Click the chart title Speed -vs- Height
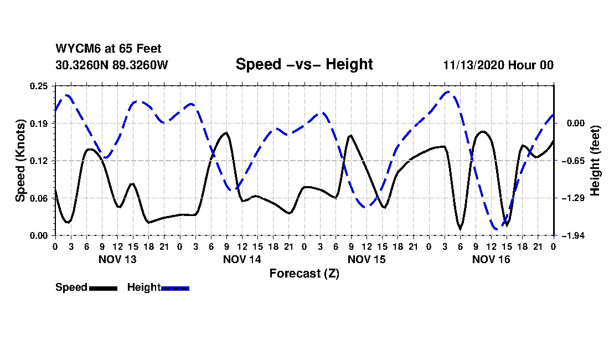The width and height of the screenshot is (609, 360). click(304, 64)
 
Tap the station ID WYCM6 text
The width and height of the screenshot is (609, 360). click(75, 49)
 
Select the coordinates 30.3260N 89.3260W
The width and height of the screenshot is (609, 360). click(111, 65)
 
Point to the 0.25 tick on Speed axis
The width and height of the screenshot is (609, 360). click(40, 86)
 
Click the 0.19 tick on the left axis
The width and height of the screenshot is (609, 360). click(40, 124)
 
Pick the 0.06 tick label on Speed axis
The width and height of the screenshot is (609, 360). click(40, 198)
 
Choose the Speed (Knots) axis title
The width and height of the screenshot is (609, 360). click(20, 160)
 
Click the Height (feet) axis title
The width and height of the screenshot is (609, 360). click(596, 160)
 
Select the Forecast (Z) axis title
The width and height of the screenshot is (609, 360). click(304, 273)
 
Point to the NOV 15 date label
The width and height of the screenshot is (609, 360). click(367, 259)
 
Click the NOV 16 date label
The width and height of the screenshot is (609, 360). click(491, 259)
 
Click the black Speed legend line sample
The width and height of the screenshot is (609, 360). click(103, 288)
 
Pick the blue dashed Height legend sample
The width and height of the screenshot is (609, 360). click(175, 288)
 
